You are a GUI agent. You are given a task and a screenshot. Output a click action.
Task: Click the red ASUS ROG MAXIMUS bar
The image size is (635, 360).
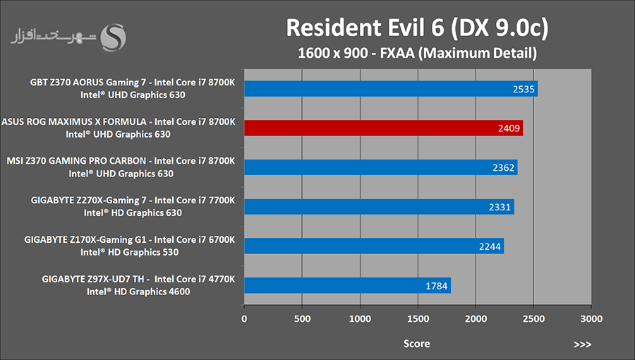coord(383,128)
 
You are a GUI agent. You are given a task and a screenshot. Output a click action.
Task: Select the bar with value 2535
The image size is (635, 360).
coord(390,88)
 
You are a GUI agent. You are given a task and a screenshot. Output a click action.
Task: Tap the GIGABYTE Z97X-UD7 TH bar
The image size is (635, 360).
coord(347,286)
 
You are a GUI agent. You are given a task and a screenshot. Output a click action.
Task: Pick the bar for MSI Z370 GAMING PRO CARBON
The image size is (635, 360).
coord(380,167)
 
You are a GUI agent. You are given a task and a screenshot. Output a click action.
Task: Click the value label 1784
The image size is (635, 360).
coord(437,286)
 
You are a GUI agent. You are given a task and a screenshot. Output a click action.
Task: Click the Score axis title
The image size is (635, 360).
coord(417,344)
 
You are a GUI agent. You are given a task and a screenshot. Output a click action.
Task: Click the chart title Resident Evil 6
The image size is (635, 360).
coord(417,28)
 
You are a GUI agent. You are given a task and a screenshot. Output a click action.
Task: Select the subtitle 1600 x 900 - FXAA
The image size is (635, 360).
coord(417,52)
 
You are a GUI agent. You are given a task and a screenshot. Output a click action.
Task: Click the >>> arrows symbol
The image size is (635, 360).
coord(582,344)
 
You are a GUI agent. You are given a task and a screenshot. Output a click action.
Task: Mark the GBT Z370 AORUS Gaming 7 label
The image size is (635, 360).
coord(132,82)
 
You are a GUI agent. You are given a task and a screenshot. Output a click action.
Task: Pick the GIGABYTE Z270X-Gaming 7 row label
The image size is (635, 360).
coord(133,200)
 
